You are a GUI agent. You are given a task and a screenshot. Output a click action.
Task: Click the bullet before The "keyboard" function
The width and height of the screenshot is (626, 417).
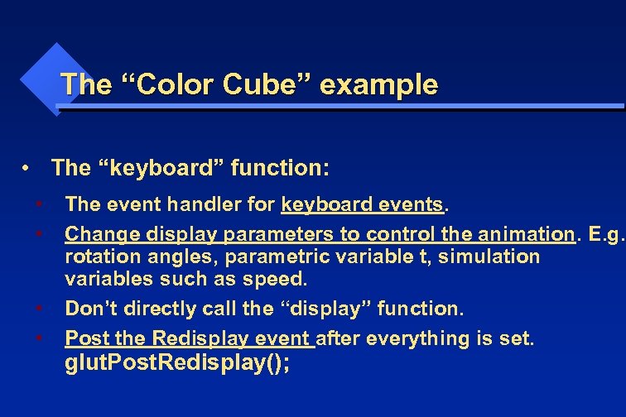pos(27,169)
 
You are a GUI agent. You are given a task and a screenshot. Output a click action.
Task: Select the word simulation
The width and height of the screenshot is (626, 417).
pos(489,256)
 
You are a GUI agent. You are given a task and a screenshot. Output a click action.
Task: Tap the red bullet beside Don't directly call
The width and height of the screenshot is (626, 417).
pos(40,309)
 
